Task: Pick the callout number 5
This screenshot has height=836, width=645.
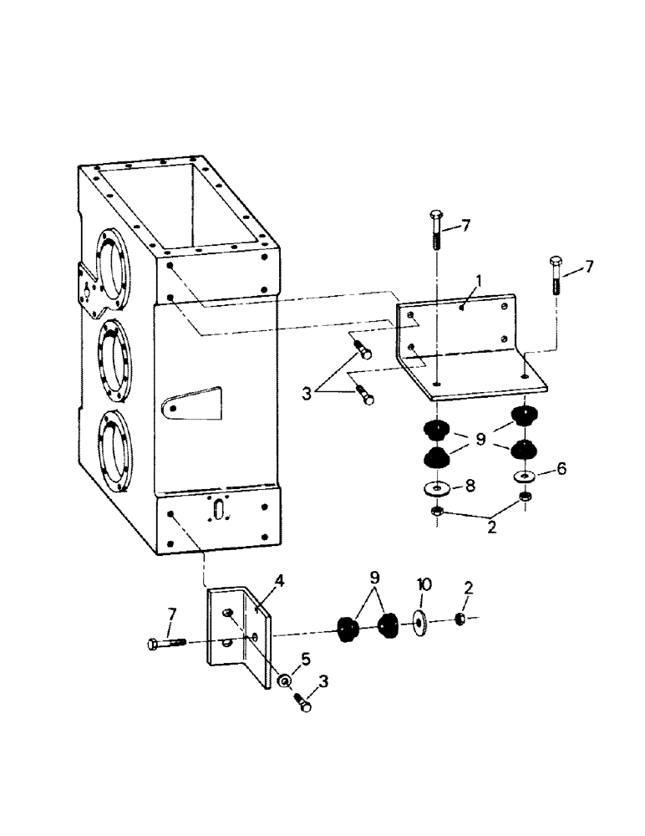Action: [x=305, y=660]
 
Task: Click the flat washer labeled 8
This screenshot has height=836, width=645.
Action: [x=436, y=487]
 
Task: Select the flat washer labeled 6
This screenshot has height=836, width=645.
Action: [x=525, y=477]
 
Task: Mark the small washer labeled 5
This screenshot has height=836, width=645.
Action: [x=286, y=681]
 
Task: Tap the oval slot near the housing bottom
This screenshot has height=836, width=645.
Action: [x=219, y=510]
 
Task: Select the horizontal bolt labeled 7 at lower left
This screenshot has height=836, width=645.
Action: [x=167, y=644]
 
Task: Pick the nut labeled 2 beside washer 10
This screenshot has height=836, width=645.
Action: [x=460, y=619]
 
